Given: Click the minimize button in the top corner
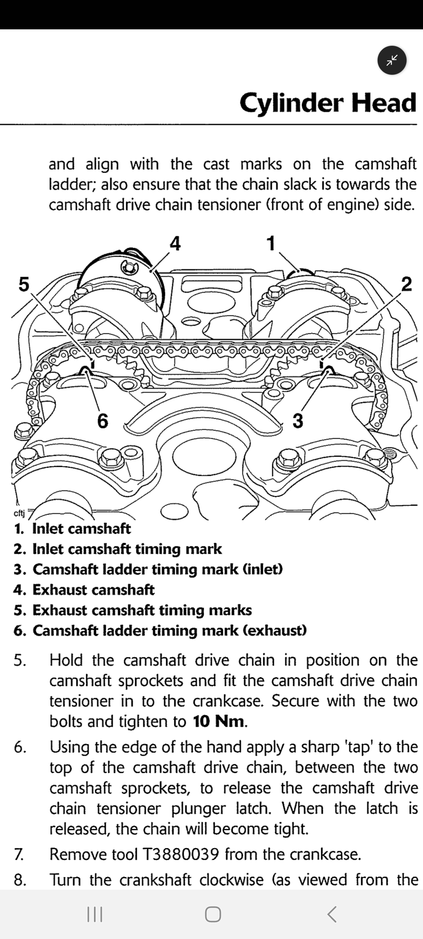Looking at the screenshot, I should pyautogui.click(x=392, y=60).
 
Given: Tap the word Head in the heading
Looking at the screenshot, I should pyautogui.click(x=383, y=103).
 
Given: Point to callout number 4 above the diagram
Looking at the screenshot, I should pyautogui.click(x=175, y=243).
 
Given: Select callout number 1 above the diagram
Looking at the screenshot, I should pyautogui.click(x=271, y=243).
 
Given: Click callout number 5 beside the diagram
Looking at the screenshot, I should pyautogui.click(x=24, y=284).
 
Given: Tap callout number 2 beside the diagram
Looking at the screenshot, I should pyautogui.click(x=407, y=284).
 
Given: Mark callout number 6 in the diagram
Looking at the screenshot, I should pyautogui.click(x=102, y=421).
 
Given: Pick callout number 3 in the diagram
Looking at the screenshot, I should pyautogui.click(x=298, y=421).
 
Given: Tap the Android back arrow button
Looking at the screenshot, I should pyautogui.click(x=331, y=914).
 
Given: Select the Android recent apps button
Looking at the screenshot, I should pyautogui.click(x=94, y=914).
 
